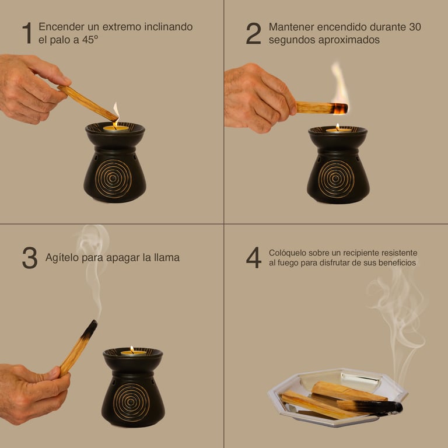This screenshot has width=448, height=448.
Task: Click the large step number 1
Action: pyautogui.click(x=27, y=33)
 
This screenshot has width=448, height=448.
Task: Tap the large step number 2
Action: pyautogui.click(x=253, y=33)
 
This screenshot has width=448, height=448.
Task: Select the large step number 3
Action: pyautogui.click(x=30, y=258)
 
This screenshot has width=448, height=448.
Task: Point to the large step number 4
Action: pyautogui.click(x=254, y=258)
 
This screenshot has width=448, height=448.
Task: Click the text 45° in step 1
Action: pyautogui.click(x=90, y=40)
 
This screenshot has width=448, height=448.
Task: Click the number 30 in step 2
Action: pyautogui.click(x=415, y=27)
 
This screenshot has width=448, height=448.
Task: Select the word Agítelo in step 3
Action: pyautogui.click(x=62, y=258)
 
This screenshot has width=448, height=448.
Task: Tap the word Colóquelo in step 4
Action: pyautogui.click(x=288, y=253)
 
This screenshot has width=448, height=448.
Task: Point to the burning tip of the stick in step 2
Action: pyautogui.click(x=339, y=108)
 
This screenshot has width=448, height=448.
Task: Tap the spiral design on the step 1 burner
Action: pyautogui.click(x=113, y=179)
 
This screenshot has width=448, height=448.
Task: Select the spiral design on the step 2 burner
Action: pyautogui.click(x=336, y=179)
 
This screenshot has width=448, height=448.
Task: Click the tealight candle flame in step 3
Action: pyautogui.click(x=132, y=349)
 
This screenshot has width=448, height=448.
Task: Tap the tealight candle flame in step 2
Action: pyautogui.click(x=337, y=127)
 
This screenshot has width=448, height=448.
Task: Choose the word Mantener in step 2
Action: pyautogui.click(x=290, y=27)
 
